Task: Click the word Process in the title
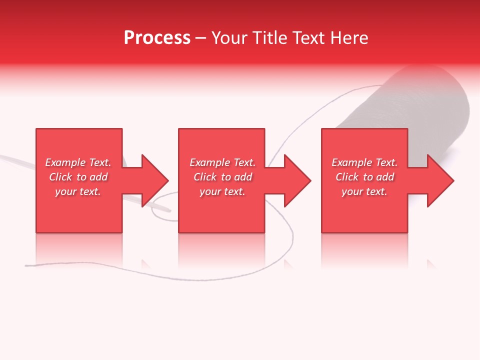point(157,38)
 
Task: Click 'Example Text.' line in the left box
point(78,162)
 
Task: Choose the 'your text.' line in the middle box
point(222,191)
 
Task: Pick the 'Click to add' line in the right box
point(365,177)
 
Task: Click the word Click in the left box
point(60,177)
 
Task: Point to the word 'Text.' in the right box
point(386,162)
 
